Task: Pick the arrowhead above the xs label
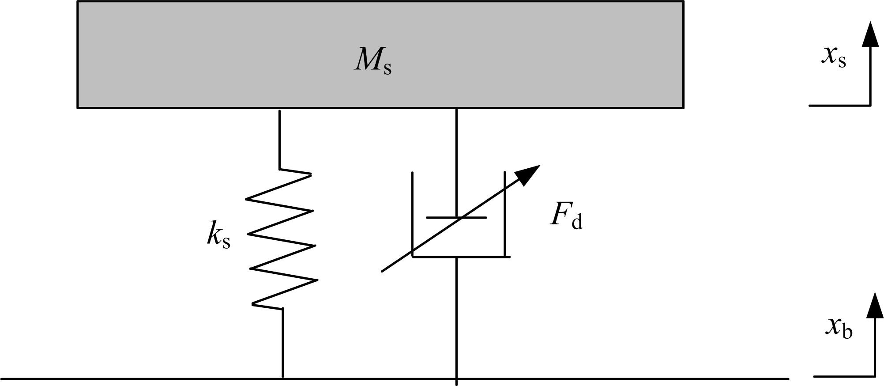pos(870,34)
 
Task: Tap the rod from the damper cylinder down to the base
pos(456,318)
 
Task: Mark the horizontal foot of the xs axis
pos(839,106)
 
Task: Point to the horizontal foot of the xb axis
pos(843,377)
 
